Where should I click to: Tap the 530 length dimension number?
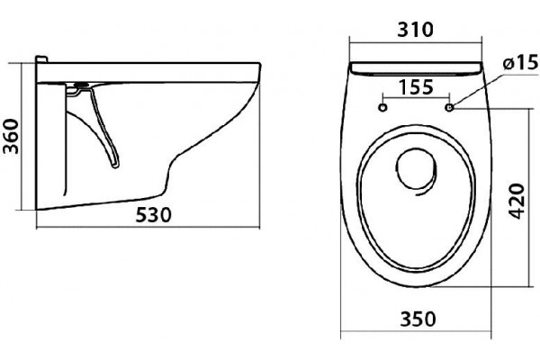point(153,215)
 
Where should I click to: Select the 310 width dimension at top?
point(415,30)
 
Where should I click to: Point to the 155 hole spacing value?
point(416,87)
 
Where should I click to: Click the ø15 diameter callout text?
point(521,63)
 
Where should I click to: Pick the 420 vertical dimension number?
point(517,202)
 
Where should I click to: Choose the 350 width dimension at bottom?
point(418,319)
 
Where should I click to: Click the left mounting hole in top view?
point(382,107)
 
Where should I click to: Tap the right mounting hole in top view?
point(449,107)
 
